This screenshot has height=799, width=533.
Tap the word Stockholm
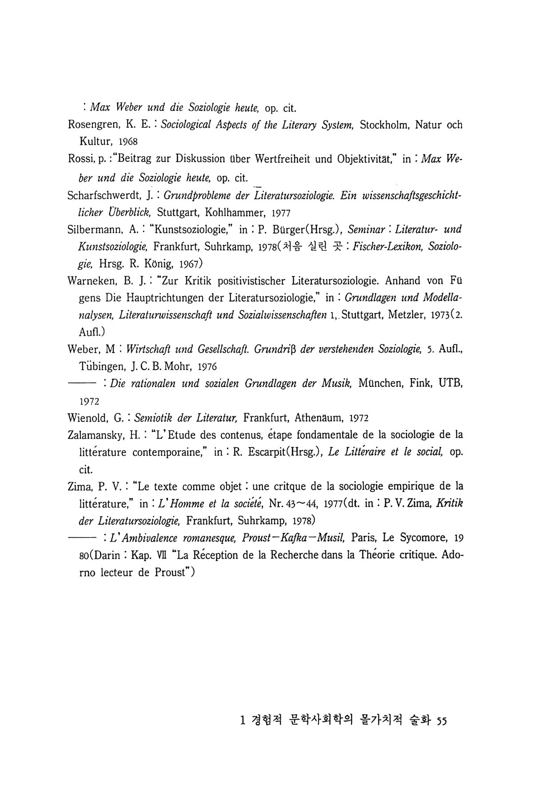385,125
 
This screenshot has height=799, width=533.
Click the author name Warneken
92,281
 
